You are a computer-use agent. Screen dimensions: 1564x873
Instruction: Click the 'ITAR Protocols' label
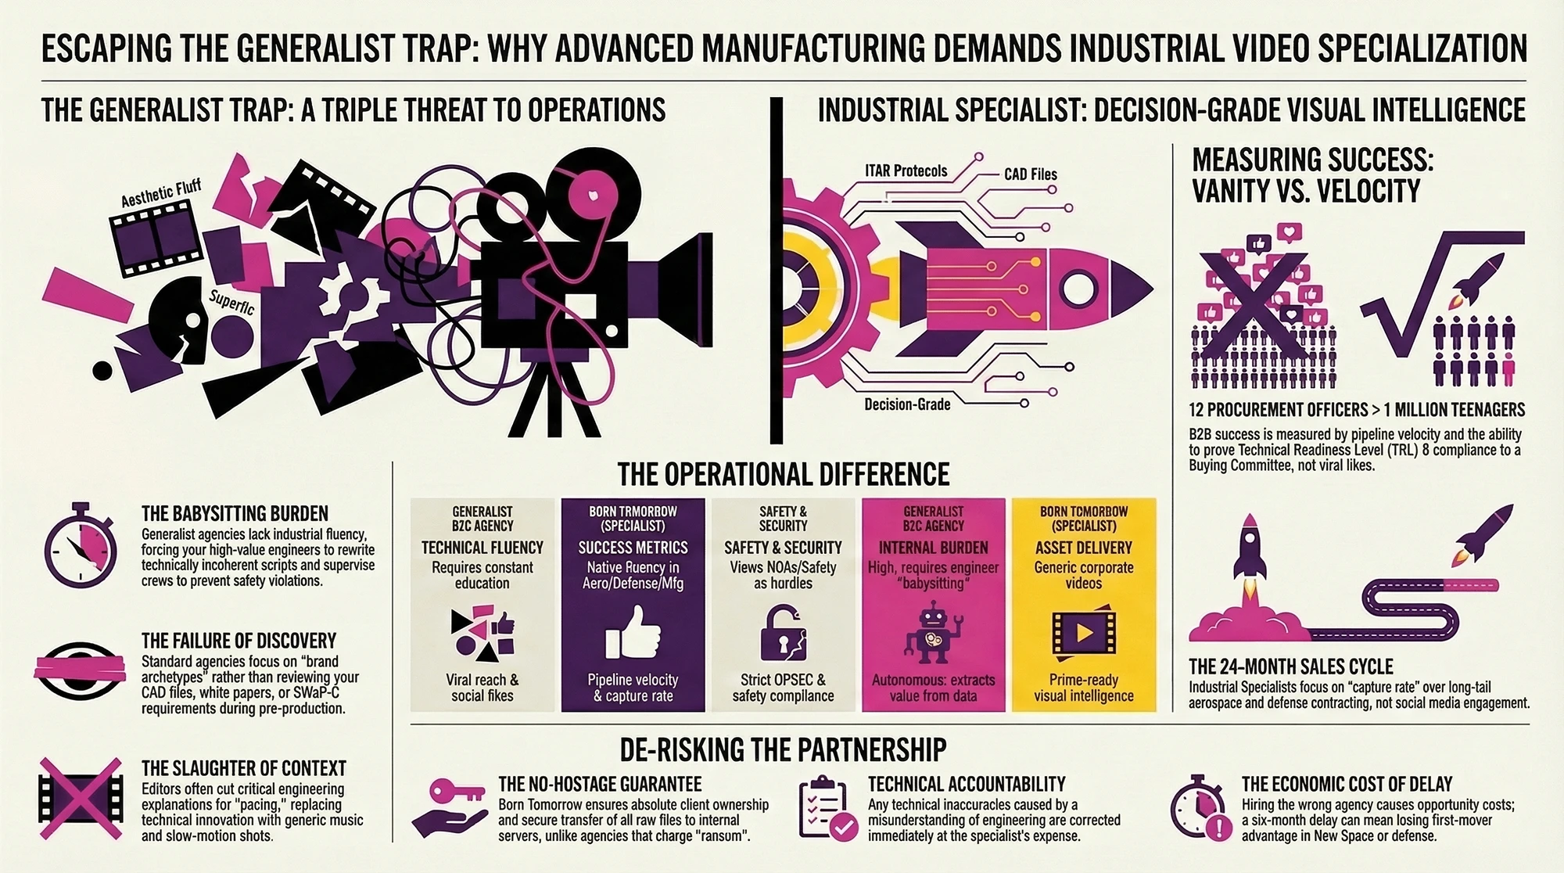[906, 171]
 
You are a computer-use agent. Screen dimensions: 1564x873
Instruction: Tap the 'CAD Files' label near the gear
[1030, 174]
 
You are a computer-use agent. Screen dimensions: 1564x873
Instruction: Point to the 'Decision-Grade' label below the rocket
[907, 404]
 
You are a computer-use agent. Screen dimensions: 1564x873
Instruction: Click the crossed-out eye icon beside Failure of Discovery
[81, 670]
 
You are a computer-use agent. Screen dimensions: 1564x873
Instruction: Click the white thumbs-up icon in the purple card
[633, 633]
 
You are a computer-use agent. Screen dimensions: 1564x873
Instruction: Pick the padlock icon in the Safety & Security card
[783, 633]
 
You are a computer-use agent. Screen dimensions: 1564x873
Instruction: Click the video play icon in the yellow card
[1083, 633]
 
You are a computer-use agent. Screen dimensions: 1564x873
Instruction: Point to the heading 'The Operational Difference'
[783, 475]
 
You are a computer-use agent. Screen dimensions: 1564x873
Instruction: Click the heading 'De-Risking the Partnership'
[783, 749]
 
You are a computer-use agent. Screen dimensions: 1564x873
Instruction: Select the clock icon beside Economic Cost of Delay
[1197, 807]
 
